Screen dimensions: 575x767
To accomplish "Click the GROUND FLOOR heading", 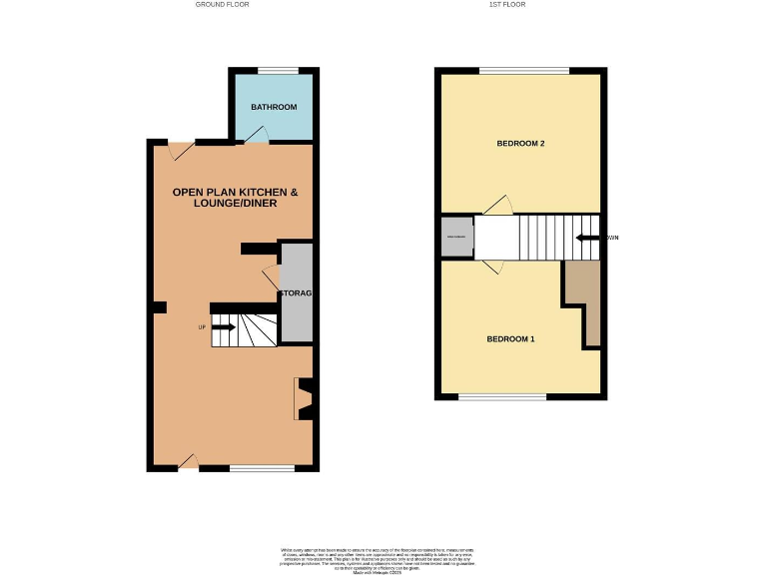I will click(x=222, y=5).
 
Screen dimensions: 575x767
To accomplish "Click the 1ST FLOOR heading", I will click(x=507, y=5).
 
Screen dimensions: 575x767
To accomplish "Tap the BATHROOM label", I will click(x=274, y=107).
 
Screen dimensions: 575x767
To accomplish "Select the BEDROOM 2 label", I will click(x=520, y=144).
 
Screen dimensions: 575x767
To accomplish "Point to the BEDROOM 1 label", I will click(x=510, y=339).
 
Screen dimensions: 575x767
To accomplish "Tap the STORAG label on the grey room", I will click(x=296, y=293).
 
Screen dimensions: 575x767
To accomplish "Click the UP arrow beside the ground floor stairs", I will click(x=222, y=327).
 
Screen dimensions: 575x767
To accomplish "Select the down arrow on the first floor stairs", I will click(x=589, y=238).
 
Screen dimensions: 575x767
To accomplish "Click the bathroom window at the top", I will click(x=277, y=70).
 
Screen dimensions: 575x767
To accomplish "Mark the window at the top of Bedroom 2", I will click(x=523, y=70).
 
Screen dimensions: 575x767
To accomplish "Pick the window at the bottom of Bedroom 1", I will click(x=502, y=397).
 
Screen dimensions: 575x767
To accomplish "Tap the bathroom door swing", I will click(x=258, y=135).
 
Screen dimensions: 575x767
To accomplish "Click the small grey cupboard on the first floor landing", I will click(x=455, y=237).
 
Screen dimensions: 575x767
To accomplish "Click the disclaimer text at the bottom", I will click(x=383, y=558).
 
